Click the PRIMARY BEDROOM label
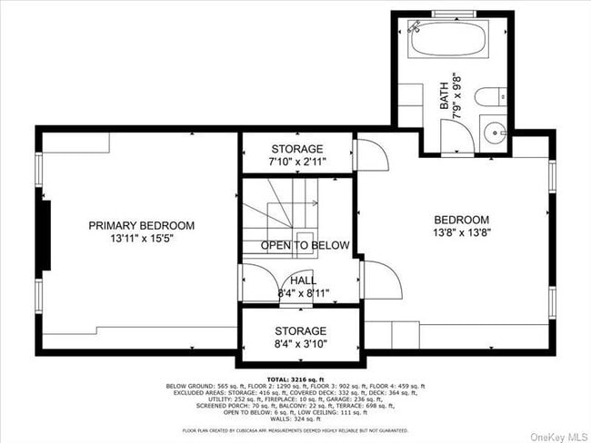(x=141, y=225)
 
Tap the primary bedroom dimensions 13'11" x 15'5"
(x=141, y=239)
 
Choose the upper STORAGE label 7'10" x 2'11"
(x=297, y=149)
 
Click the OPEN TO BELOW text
(x=306, y=245)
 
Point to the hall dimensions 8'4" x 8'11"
(x=304, y=293)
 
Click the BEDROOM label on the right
(x=461, y=220)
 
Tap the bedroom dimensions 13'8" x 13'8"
(x=461, y=233)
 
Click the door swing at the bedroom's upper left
(x=372, y=153)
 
